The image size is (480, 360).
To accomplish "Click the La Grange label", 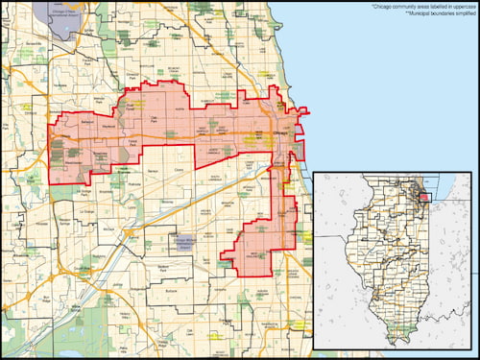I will (x=87, y=210).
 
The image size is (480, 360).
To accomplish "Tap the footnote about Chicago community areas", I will (x=420, y=7).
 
